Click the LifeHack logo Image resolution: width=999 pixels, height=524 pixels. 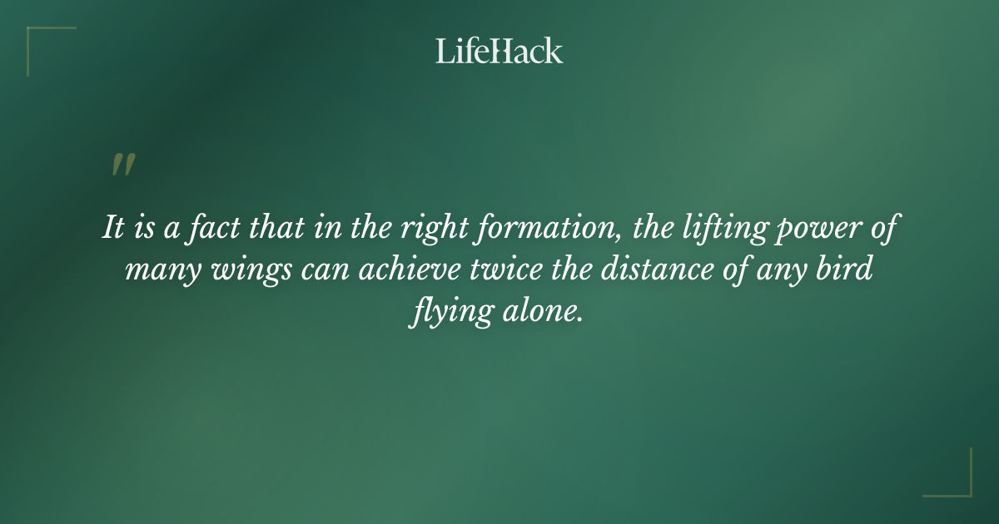pos(499,51)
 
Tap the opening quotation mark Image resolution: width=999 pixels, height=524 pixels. pos(123,165)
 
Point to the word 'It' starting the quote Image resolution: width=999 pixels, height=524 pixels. pos(112,229)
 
